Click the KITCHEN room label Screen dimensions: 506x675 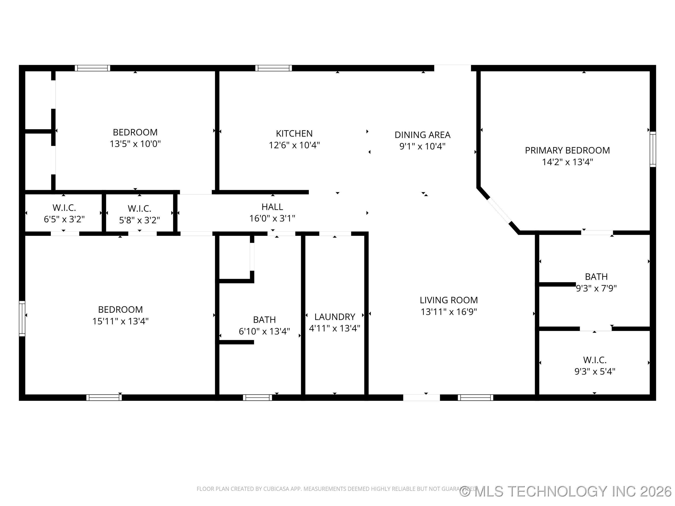(294, 133)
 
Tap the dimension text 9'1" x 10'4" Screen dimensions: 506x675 (422, 146)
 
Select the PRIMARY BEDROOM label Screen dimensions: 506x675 (567, 150)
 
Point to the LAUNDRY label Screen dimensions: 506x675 (334, 317)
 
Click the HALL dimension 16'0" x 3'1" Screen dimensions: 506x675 (272, 218)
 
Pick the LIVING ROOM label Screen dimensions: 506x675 (449, 300)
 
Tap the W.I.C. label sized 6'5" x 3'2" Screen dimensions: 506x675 (64, 208)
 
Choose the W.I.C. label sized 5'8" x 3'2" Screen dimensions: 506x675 (139, 209)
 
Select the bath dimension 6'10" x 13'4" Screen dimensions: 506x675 (264, 331)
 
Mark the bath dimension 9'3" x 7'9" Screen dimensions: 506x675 (596, 288)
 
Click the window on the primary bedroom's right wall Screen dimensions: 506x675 (652, 149)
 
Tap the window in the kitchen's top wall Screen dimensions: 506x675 (274, 68)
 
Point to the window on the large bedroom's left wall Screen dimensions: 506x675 (22, 318)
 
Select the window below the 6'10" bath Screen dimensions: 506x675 (257, 397)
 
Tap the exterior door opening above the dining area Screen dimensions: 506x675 (452, 68)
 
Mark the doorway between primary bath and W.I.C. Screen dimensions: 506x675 (595, 328)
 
